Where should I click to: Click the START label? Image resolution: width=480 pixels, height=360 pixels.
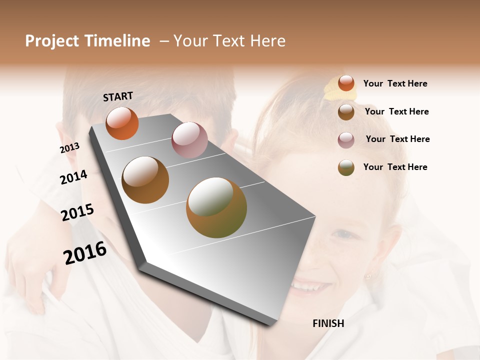tap(118, 96)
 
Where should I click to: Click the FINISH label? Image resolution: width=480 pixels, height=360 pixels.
tap(328, 323)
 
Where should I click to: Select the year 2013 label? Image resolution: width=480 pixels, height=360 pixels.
tap(70, 148)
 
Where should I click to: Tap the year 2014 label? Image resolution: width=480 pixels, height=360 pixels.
tap(74, 177)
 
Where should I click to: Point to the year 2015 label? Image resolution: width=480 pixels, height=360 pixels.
tap(77, 212)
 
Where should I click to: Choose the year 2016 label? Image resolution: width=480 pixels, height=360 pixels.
tap(85, 253)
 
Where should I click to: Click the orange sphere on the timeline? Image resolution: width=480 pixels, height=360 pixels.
tap(122, 123)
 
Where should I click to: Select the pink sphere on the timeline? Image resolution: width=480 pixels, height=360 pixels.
tap(189, 140)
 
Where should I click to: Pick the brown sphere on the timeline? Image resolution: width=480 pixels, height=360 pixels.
tap(145, 180)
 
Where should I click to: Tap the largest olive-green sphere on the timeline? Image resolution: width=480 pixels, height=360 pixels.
tap(216, 207)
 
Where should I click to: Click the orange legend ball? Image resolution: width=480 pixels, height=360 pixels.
tap(346, 83)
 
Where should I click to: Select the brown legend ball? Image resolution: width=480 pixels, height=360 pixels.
tap(346, 112)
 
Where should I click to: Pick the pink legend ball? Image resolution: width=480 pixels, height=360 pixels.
tap(346, 140)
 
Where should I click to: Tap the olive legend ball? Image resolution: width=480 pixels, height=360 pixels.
tap(346, 167)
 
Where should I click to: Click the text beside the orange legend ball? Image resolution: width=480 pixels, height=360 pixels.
tap(395, 84)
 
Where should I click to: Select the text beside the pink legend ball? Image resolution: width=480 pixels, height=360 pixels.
tap(397, 139)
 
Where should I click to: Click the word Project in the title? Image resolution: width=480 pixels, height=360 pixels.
tap(52, 41)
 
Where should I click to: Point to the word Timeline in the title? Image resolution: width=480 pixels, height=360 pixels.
tap(117, 41)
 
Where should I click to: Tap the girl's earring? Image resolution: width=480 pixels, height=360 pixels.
tap(368, 275)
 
